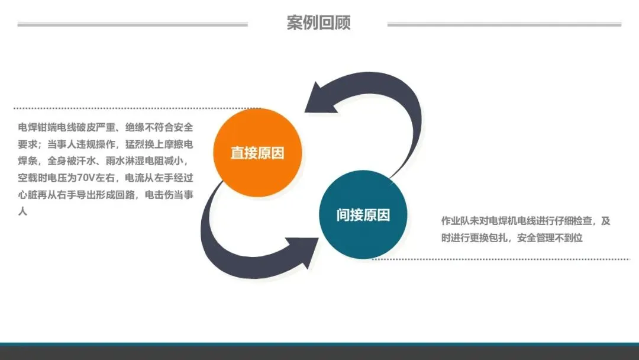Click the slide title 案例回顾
(x=318, y=23)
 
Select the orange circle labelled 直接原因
(x=257, y=153)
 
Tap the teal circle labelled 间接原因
(x=363, y=215)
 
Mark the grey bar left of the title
(x=133, y=24)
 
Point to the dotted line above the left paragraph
(x=136, y=108)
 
